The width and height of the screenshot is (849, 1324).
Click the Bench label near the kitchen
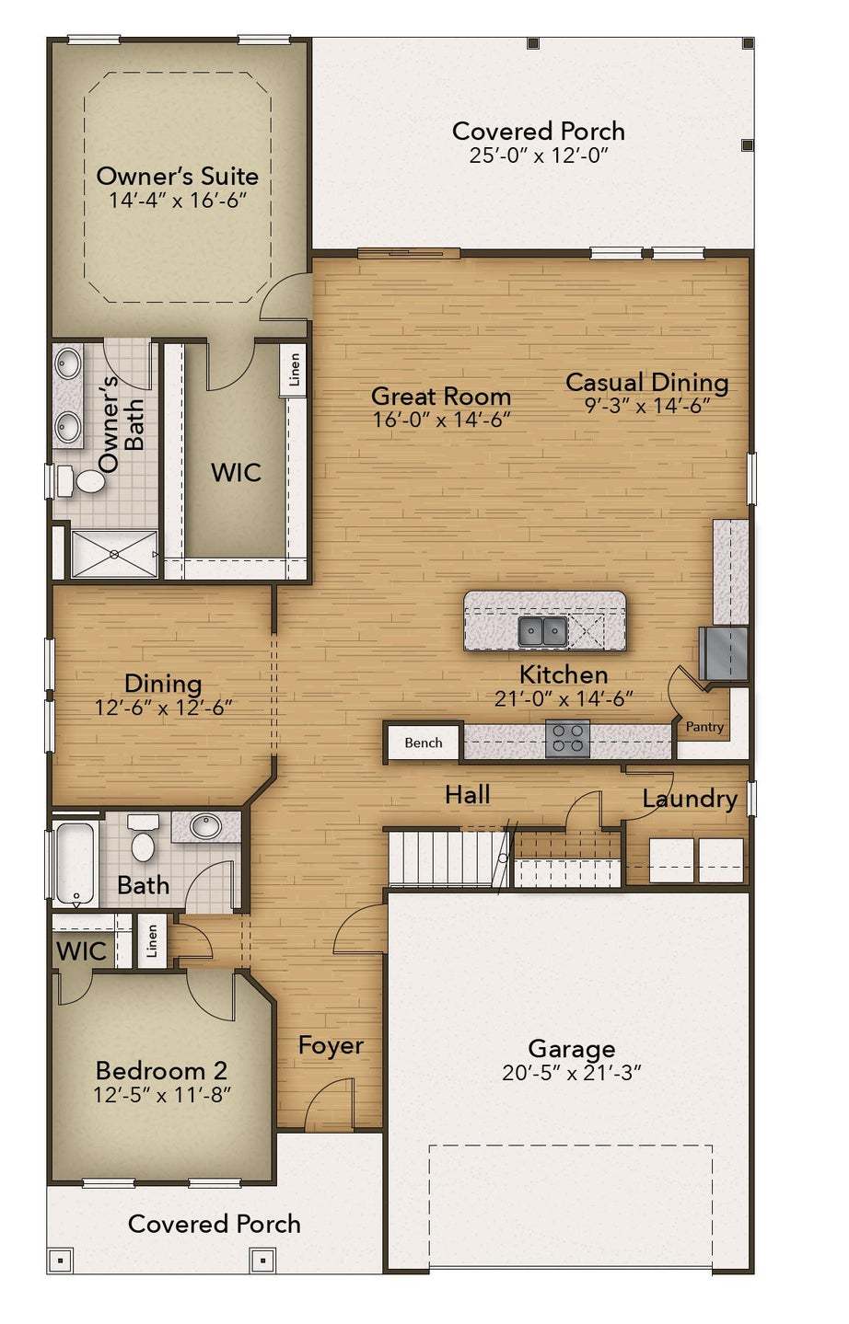[x=423, y=743]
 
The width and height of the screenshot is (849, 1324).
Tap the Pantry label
[x=704, y=727]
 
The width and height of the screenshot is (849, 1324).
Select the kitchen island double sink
[x=541, y=631]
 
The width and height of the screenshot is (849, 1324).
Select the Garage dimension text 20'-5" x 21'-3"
[x=571, y=1072]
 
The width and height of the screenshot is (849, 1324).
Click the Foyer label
[x=331, y=1046]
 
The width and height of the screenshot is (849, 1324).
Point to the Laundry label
[x=690, y=799]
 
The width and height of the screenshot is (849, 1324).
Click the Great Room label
[x=441, y=397]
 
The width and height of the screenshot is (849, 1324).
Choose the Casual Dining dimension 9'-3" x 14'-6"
[x=646, y=406]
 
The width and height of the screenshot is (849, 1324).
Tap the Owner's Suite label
[x=178, y=176]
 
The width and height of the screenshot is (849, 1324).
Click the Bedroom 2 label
[x=161, y=1071]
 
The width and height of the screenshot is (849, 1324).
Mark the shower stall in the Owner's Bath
[x=113, y=554]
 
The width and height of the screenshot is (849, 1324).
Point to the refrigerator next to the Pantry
[x=724, y=653]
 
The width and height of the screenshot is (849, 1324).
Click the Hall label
[x=467, y=795]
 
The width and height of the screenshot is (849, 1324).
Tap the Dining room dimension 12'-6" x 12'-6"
[x=163, y=708]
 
